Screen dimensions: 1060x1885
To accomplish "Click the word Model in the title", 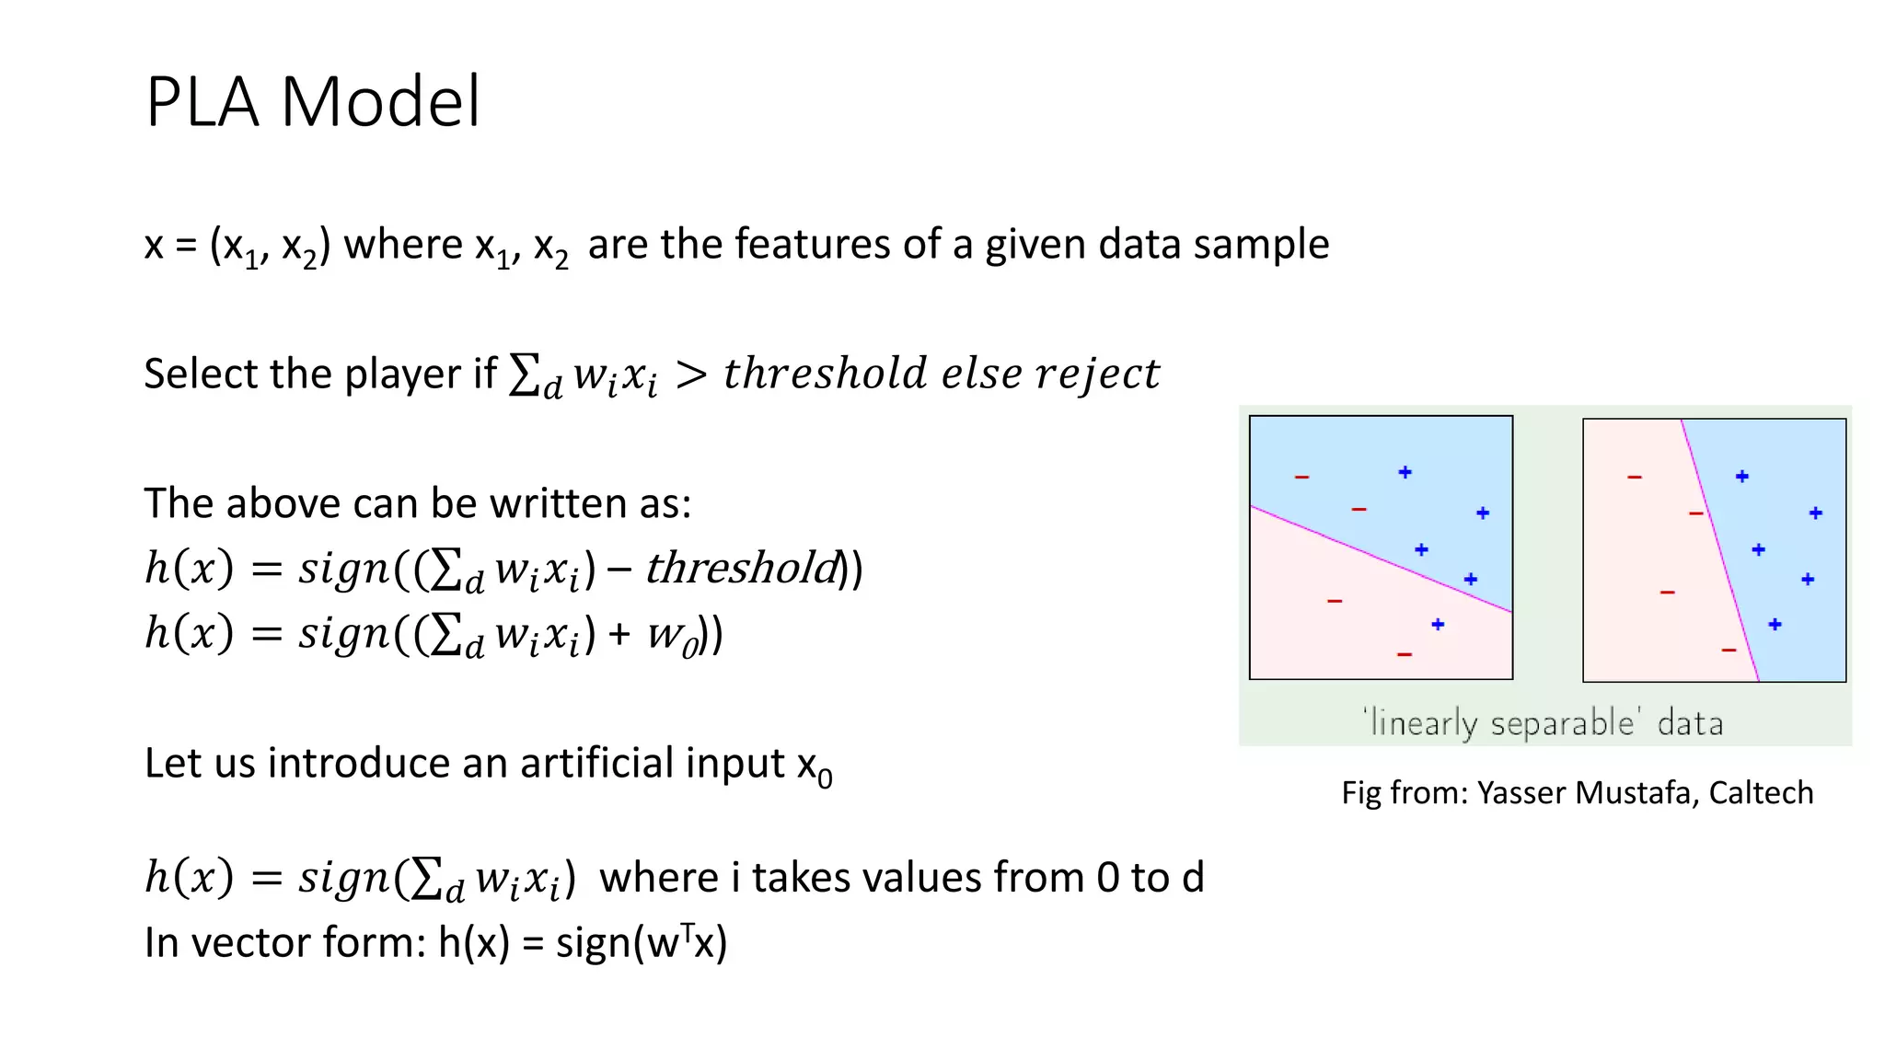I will click(x=380, y=101).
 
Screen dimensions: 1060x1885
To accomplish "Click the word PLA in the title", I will click(x=202, y=101).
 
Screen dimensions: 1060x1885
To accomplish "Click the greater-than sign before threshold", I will click(x=691, y=374).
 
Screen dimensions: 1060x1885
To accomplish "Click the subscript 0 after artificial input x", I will click(x=826, y=779).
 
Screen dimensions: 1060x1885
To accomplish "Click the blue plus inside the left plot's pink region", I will click(x=1438, y=625).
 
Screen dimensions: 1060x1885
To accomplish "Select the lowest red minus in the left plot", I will click(x=1405, y=654).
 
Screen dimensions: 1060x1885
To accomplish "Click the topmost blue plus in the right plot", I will click(x=1742, y=477).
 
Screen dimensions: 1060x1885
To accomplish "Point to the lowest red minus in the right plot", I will click(x=1729, y=651).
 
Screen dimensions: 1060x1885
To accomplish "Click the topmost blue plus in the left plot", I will click(x=1405, y=472).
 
